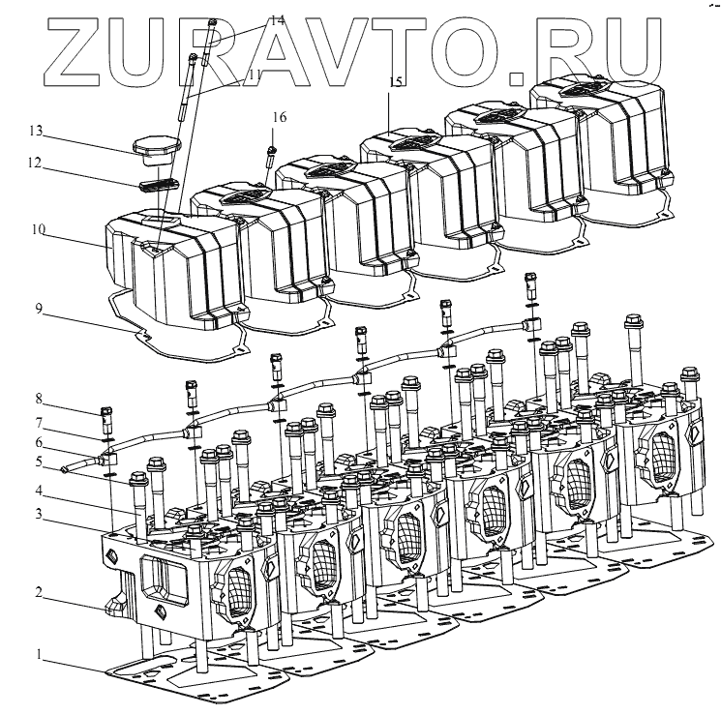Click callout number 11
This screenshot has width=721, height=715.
click(254, 74)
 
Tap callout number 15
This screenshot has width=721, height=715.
click(395, 83)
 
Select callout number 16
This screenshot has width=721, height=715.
click(279, 117)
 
